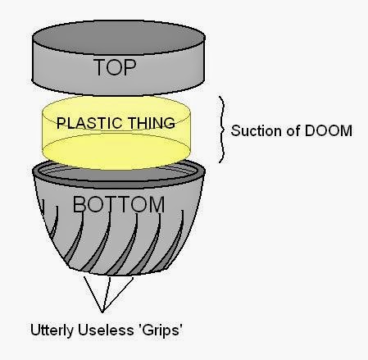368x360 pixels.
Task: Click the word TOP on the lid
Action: pos(115,67)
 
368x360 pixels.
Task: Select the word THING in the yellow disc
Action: pos(152,123)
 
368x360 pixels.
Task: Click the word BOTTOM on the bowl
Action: pos(119,204)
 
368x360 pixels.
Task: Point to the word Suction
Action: pos(256,130)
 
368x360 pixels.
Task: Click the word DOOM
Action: pos(328,130)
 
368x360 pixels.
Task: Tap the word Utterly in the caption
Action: pos(52,330)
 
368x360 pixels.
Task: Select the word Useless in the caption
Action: pos(106,330)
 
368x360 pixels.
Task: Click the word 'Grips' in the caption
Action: pos(161,330)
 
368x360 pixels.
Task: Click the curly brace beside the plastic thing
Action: pos(222,130)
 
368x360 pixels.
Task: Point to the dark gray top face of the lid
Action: pos(119,37)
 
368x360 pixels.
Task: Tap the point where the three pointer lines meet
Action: pos(102,312)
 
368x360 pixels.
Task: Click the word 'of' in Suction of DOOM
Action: pos(293,130)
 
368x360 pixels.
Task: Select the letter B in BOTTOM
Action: pos(80,204)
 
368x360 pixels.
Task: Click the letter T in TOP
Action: pos(100,67)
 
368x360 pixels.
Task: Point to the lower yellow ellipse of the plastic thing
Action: pos(116,151)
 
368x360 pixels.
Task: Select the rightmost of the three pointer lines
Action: pos(118,295)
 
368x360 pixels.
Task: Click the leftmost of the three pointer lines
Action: pos(93,294)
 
